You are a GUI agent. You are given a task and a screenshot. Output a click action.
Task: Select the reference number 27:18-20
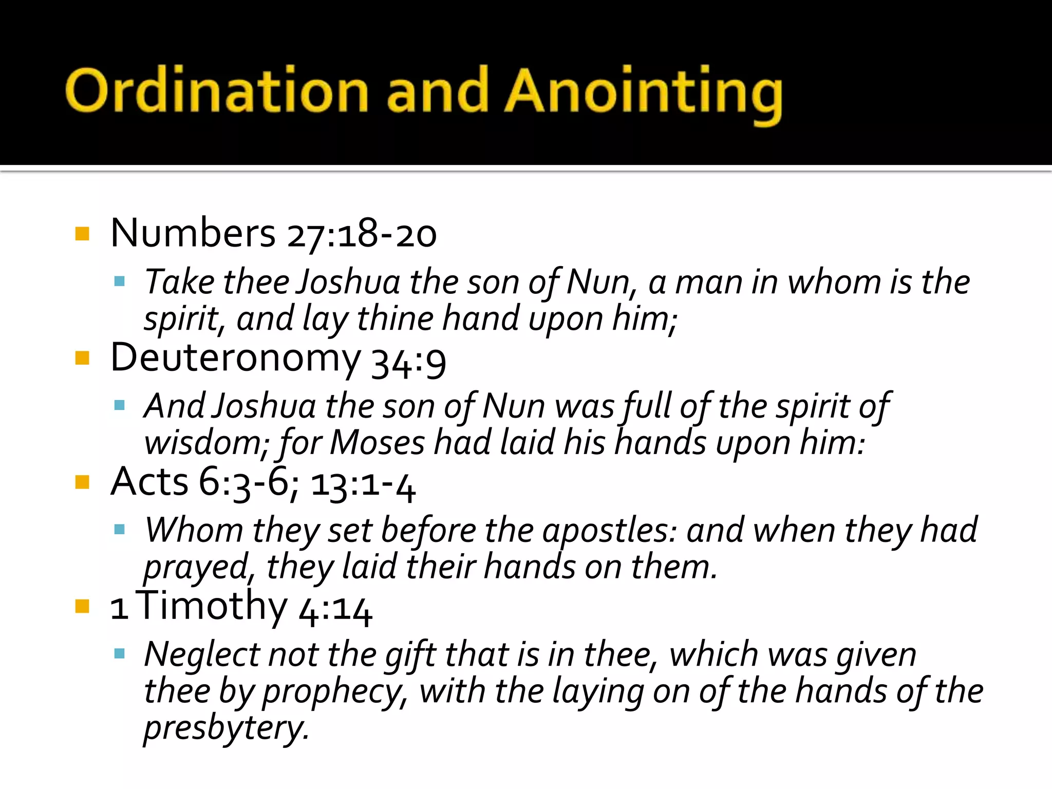tap(362, 234)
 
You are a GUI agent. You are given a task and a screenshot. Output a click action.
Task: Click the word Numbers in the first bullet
tap(193, 233)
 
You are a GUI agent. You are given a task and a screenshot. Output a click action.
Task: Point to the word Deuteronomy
tap(236, 359)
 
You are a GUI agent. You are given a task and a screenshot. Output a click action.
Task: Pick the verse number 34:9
tap(408, 362)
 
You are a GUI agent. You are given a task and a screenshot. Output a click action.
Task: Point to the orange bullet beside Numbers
tap(82, 234)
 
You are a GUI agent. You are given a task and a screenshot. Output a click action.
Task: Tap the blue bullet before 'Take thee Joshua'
tap(120, 281)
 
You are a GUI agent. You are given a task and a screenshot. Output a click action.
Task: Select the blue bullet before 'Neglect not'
tap(120, 654)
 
